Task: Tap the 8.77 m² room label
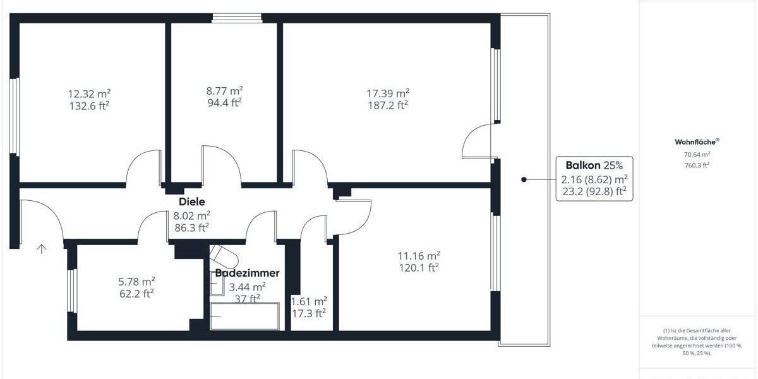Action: (225, 90)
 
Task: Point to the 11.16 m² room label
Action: (418, 256)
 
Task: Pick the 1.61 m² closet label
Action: (308, 301)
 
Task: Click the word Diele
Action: (192, 202)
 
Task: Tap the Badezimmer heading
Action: (247, 274)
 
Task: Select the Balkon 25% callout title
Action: (594, 165)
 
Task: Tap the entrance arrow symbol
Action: (42, 248)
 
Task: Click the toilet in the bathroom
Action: (224, 256)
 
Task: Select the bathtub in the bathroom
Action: (244, 316)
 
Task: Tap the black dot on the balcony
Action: (524, 180)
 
